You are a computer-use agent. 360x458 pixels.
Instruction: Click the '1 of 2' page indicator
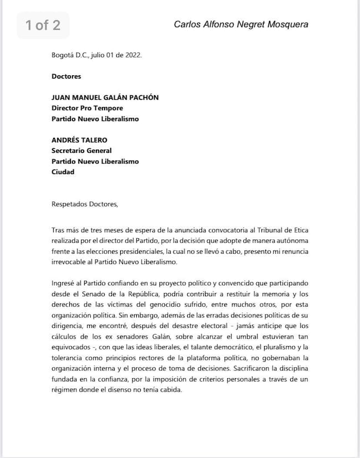click(x=43, y=25)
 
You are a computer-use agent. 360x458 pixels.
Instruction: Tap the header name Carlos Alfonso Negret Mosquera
click(x=241, y=24)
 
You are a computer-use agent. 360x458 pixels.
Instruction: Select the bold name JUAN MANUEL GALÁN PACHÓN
click(x=105, y=97)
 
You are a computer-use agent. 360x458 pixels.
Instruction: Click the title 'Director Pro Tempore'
click(x=87, y=108)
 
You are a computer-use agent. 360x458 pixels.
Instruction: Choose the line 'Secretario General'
click(x=81, y=151)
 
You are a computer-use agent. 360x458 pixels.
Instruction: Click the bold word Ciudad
click(x=63, y=172)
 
